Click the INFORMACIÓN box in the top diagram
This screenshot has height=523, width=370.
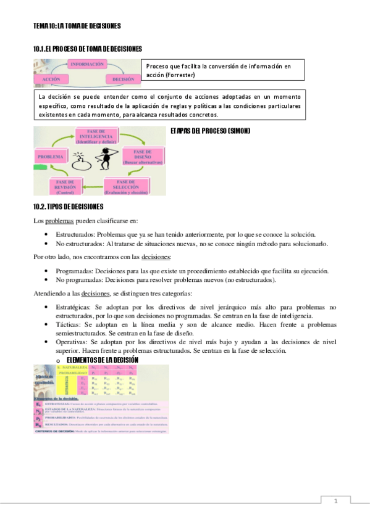[87, 64]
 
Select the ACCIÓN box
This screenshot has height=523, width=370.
[51, 80]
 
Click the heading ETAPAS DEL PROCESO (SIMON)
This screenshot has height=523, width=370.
[205, 131]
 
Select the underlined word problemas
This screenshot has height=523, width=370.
[59, 221]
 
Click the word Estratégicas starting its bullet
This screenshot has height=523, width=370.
[73, 307]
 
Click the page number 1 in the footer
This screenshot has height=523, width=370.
[335, 501]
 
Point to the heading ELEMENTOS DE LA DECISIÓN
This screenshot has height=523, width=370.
[102, 360]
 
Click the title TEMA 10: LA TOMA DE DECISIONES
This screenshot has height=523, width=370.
[77, 26]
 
